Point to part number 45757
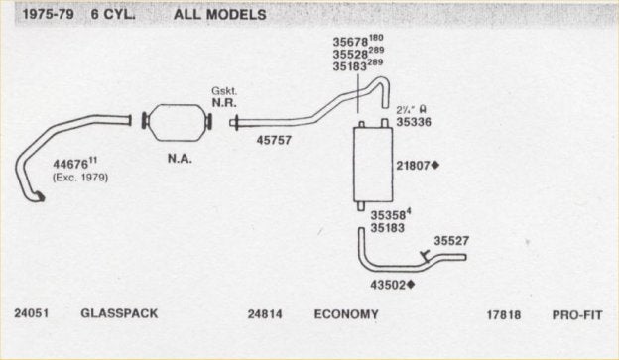coord(274,141)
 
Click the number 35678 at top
coord(351,42)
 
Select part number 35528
coord(351,55)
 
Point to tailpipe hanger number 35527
coord(451,240)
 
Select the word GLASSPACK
coord(119,314)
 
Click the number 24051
coord(34,314)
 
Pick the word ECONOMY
coord(346,314)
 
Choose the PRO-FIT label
coord(576,314)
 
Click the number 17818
coord(504,314)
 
